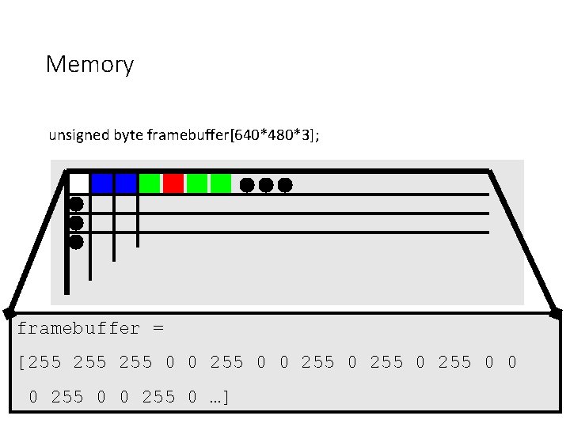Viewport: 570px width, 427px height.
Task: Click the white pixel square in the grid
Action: pyautogui.click(x=78, y=183)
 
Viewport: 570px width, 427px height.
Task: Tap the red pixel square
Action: pyautogui.click(x=173, y=183)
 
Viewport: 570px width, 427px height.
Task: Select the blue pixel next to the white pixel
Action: pyautogui.click(x=102, y=183)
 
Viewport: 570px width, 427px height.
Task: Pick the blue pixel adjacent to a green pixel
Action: pyautogui.click(x=126, y=183)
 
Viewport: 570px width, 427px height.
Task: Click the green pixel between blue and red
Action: pyautogui.click(x=150, y=183)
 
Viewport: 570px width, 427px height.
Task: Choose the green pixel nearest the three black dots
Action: pyautogui.click(x=221, y=183)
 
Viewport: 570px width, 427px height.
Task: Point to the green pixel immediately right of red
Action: pyautogui.click(x=197, y=183)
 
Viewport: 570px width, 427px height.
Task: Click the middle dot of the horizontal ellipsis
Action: pyautogui.click(x=266, y=185)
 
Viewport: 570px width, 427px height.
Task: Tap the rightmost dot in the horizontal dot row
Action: pyautogui.click(x=285, y=185)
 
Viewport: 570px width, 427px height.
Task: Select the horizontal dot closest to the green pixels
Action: pyautogui.click(x=247, y=185)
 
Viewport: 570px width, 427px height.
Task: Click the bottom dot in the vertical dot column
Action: pyautogui.click(x=76, y=242)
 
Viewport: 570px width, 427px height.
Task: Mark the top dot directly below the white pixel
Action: pyautogui.click(x=76, y=204)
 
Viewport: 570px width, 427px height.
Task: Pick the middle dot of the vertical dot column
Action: pyautogui.click(x=76, y=223)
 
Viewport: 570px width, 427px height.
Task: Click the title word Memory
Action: pyautogui.click(x=89, y=64)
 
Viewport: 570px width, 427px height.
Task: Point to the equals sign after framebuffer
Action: pyautogui.click(x=158, y=328)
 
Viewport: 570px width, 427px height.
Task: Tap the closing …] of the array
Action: pyautogui.click(x=218, y=396)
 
